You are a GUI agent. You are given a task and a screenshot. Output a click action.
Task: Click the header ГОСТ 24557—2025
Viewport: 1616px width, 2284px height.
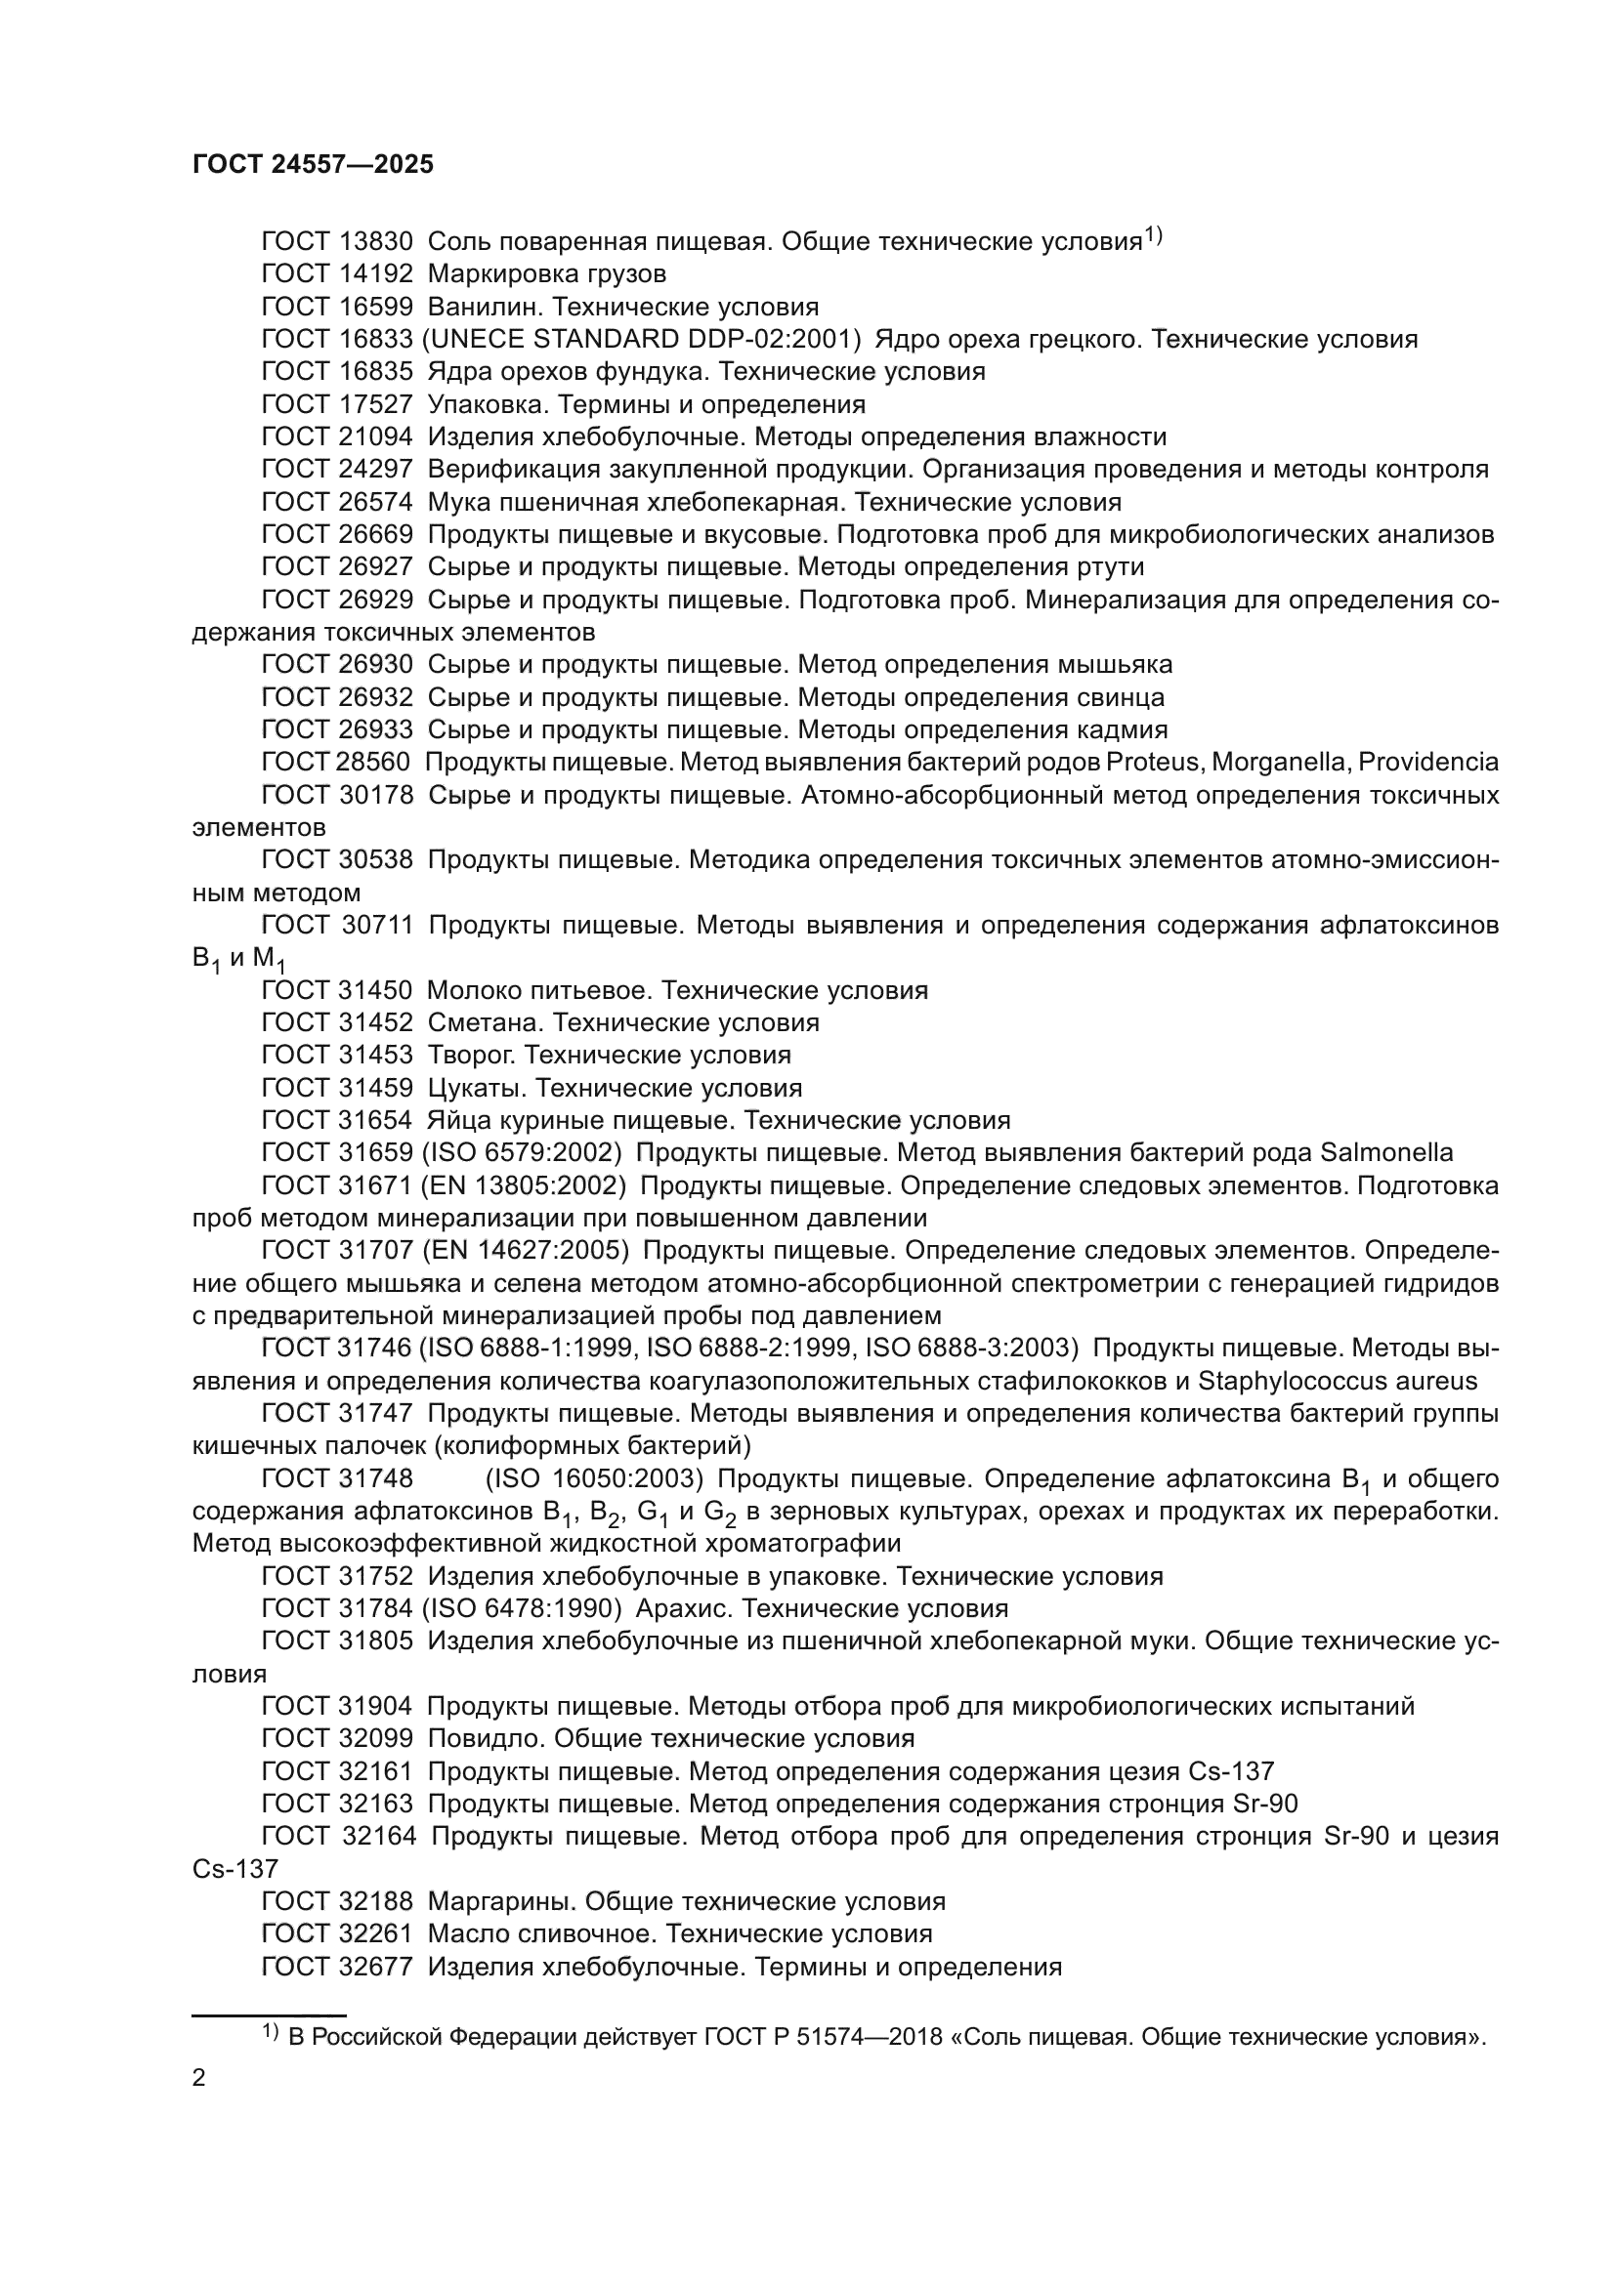point(313,164)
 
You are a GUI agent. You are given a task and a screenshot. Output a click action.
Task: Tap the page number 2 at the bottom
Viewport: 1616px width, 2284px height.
point(199,2078)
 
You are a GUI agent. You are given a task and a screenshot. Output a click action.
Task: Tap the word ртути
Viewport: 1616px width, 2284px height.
point(1109,567)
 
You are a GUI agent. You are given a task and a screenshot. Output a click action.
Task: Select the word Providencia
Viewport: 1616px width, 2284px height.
point(1428,763)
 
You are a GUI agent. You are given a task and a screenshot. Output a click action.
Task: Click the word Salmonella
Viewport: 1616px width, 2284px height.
point(1386,1153)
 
